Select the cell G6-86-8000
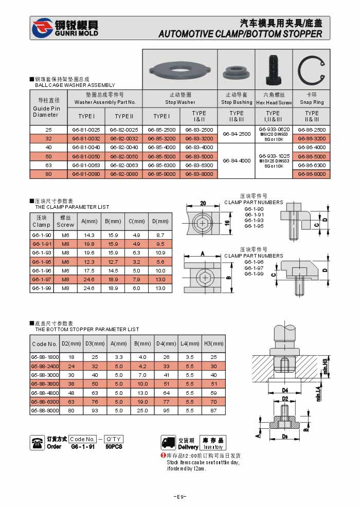[x=312, y=174]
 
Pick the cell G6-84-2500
[x=237, y=134]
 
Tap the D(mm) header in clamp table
[x=160, y=221]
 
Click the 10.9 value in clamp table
[x=160, y=253]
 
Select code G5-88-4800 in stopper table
[x=45, y=392]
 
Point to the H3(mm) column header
[x=213, y=343]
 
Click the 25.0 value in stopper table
[x=142, y=411]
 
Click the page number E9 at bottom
[x=179, y=497]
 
